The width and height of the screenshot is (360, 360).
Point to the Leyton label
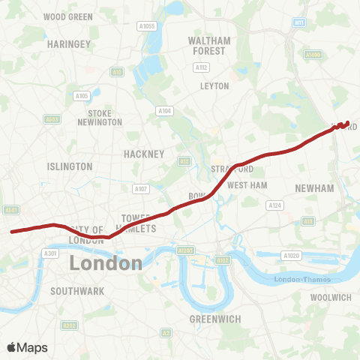click(x=214, y=86)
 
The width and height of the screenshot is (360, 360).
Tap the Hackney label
click(x=143, y=154)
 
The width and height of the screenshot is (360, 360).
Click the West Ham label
click(x=247, y=184)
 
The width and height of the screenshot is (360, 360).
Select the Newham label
click(x=314, y=188)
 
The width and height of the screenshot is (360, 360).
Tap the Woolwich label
click(x=331, y=298)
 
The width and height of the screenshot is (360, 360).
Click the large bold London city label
click(x=106, y=263)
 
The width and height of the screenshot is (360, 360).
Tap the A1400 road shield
click(x=312, y=55)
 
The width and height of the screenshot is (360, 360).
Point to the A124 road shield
click(x=274, y=205)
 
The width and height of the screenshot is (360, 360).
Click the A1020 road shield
click(x=292, y=256)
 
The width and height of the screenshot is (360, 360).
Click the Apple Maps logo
click(x=27, y=347)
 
